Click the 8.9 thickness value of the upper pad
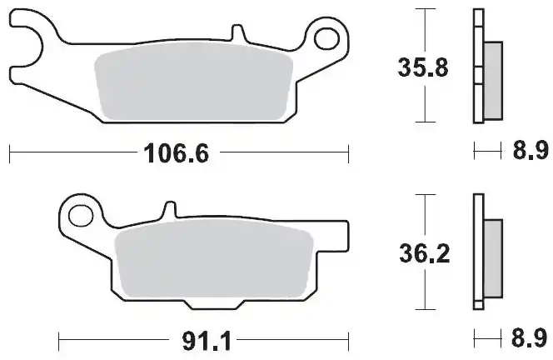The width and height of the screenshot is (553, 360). (526, 152)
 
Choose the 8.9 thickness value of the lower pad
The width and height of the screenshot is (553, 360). (526, 339)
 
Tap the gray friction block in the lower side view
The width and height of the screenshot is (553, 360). (492, 257)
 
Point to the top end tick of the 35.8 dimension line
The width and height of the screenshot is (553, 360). (425, 9)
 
